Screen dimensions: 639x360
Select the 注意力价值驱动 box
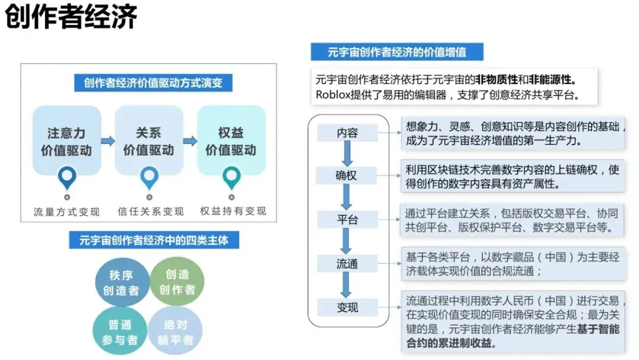coord(66,141)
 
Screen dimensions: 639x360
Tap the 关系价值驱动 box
coord(149,141)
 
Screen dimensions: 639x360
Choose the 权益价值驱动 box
coord(231,141)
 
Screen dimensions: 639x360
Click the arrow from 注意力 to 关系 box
coord(108,141)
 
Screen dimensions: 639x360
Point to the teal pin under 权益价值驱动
coord(231,177)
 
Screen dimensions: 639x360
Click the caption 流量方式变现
coord(67,211)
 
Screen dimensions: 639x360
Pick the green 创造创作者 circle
coord(176,282)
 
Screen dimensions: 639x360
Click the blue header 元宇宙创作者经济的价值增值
coord(397,52)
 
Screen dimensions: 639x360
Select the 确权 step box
coord(347,176)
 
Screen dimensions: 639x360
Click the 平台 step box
coord(347,220)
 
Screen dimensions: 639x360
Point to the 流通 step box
coord(347,263)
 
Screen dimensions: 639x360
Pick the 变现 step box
coord(347,307)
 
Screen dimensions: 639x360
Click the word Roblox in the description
coord(333,95)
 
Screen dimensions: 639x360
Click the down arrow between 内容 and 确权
coord(347,155)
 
